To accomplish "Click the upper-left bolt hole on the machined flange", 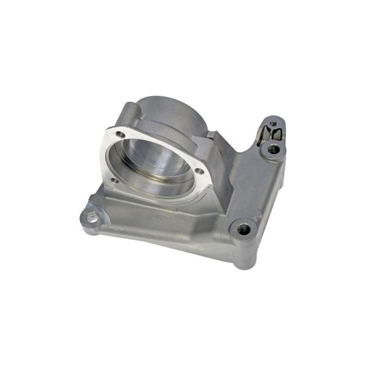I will pos(122,135).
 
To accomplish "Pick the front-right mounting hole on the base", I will pos(243,228).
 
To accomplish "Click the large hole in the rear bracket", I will pos(272,149).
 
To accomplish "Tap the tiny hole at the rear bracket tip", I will pos(272,124).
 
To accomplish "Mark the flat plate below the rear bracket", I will pos(256,183).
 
